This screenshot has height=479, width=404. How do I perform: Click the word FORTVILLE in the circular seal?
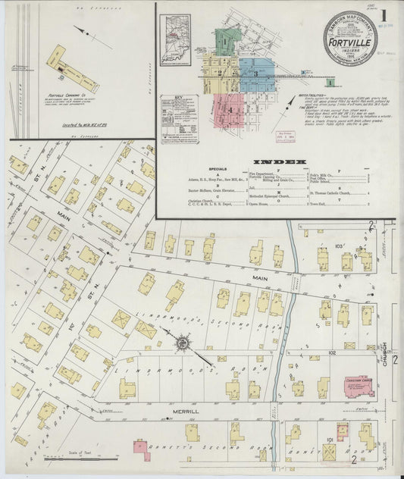(x=346, y=42)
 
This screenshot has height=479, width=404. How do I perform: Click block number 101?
(x=328, y=440)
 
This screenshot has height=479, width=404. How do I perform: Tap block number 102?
(x=331, y=352)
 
